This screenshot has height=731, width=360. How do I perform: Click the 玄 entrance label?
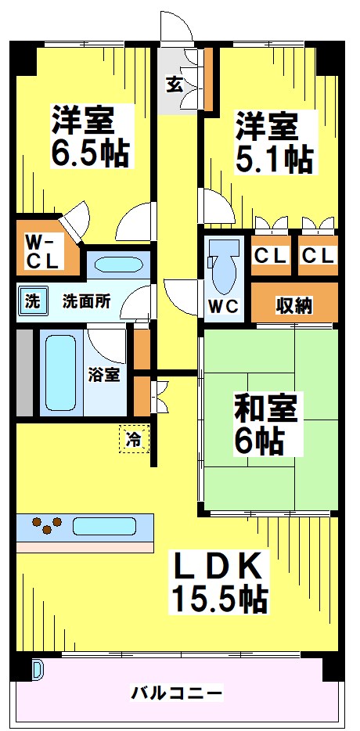coord(174,85)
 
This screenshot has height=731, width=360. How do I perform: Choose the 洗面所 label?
coord(85,302)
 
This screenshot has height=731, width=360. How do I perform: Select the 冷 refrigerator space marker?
coord(135,439)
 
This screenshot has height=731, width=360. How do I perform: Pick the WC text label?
coord(223,305)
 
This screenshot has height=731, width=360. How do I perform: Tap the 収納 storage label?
coord(293,304)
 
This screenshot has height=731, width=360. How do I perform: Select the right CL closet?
coord(318,256)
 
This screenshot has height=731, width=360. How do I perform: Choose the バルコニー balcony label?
coord(177,692)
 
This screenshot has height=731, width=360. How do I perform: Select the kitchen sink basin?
coord(104,525)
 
